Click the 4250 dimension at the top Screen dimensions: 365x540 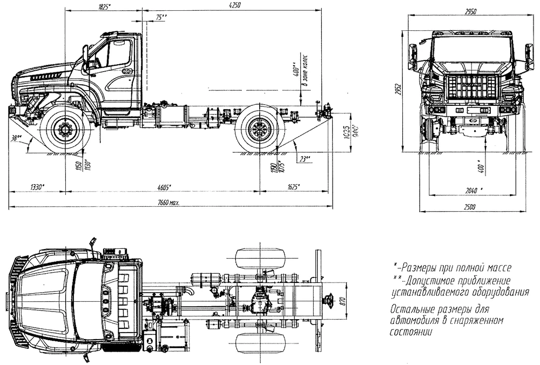click(233, 5)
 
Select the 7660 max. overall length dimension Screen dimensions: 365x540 click(167, 202)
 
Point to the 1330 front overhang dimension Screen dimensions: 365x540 click(37, 187)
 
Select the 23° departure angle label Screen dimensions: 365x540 click(306, 158)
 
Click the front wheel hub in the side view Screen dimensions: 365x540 click(66, 130)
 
